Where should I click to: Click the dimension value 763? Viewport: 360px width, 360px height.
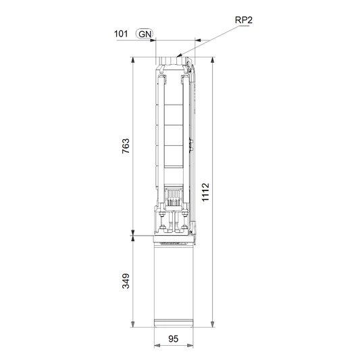pyautogui.click(x=126, y=146)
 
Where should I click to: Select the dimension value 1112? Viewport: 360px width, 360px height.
pyautogui.click(x=205, y=192)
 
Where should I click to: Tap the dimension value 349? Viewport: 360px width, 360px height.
pyautogui.click(x=126, y=281)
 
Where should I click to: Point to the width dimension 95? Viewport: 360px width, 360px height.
pyautogui.click(x=174, y=338)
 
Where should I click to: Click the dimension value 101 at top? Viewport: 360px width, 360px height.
pyautogui.click(x=121, y=34)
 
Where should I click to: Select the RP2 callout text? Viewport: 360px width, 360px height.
pyautogui.click(x=244, y=20)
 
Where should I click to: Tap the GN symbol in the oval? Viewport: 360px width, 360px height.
pyautogui.click(x=145, y=34)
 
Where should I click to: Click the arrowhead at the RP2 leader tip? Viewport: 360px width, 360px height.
pyautogui.click(x=180, y=55)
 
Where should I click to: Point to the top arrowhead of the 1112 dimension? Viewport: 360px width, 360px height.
pyautogui.click(x=213, y=60)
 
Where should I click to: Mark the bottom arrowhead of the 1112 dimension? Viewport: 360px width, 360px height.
pyautogui.click(x=213, y=324)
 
